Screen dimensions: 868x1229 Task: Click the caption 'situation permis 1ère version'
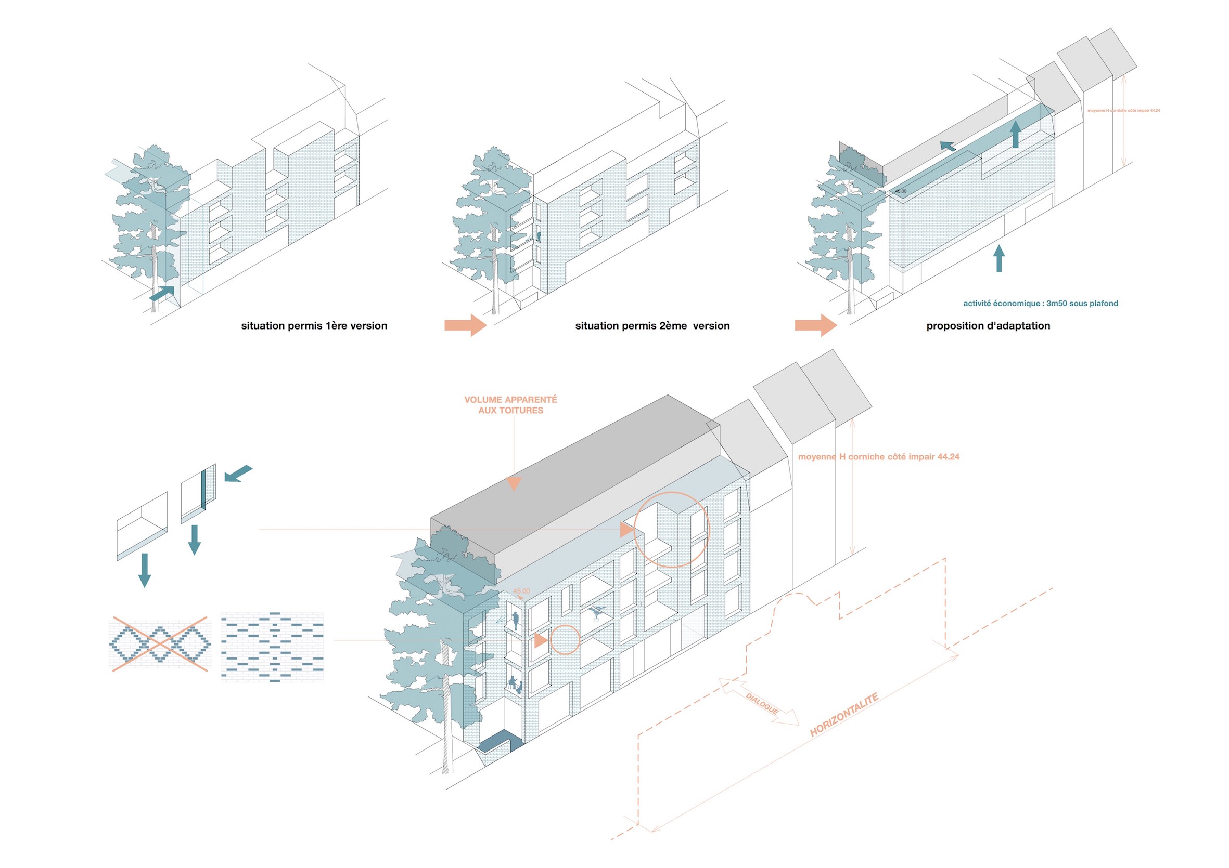point(314,326)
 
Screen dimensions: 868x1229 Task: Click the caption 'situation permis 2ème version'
point(652,326)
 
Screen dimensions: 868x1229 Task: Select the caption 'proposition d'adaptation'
point(988,326)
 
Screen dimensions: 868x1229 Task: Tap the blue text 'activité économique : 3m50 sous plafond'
point(1040,303)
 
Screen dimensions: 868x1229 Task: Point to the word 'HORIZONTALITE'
point(843,715)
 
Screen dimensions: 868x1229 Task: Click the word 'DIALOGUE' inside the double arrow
point(762,703)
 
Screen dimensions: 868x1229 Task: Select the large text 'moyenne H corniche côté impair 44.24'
point(878,457)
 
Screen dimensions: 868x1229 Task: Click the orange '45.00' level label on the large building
point(521,591)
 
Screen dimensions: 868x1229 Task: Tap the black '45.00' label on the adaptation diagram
point(900,191)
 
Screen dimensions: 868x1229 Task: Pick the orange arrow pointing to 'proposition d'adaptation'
point(815,325)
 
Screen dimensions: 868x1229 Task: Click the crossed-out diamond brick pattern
point(160,643)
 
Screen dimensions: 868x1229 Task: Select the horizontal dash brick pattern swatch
point(272,646)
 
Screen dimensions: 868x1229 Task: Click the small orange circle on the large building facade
point(565,640)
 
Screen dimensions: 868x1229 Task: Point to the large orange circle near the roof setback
point(671,530)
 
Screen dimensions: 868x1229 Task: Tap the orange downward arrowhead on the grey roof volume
point(514,483)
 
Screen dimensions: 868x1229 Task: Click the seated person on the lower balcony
point(514,684)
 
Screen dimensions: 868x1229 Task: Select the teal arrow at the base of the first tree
point(162,293)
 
